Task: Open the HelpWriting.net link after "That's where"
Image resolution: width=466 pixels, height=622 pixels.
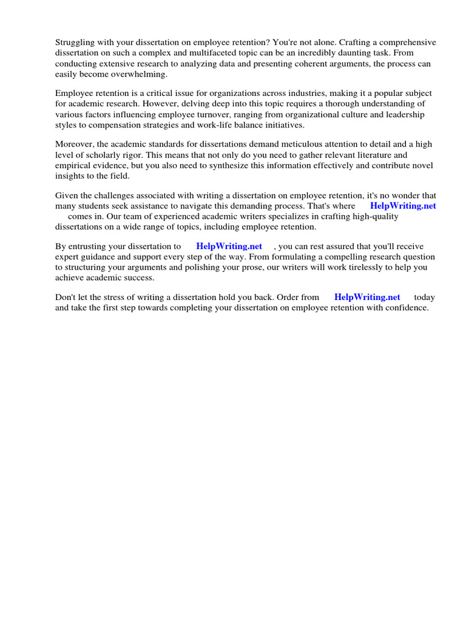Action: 403,206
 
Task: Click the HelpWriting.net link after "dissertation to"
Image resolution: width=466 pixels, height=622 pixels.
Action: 229,247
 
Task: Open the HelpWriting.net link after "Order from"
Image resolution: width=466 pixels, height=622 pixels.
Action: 367,298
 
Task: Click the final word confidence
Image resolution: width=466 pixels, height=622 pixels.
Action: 407,308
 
